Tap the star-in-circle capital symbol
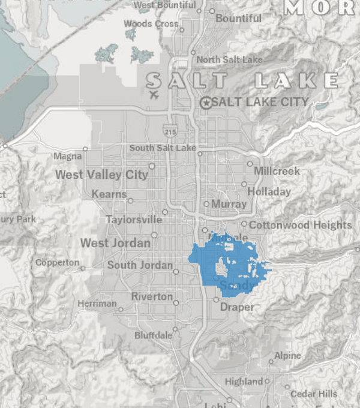(206, 103)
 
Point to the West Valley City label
(101, 175)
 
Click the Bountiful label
(238, 19)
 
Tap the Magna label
(67, 156)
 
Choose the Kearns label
(109, 194)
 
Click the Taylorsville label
(134, 220)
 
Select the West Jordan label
(116, 243)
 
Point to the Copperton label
(57, 263)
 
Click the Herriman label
(97, 304)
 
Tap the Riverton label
(152, 297)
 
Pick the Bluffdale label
(153, 335)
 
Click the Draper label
(237, 307)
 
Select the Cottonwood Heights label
(300, 226)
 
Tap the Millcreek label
(277, 171)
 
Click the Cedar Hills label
(314, 394)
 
